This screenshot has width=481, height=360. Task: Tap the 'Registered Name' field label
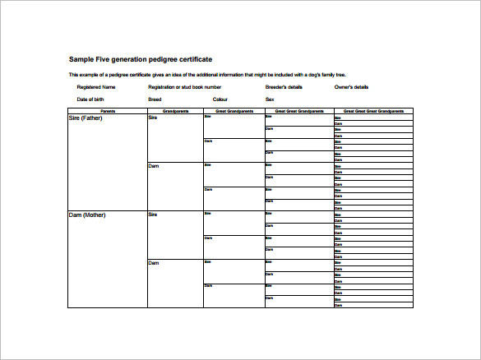tap(96, 86)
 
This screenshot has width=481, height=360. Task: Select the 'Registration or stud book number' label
tap(184, 86)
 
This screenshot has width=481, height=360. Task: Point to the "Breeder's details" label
tap(284, 86)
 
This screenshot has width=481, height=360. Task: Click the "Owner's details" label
tap(351, 86)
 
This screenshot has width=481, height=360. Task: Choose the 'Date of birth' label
tap(93, 99)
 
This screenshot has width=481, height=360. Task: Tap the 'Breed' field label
tap(155, 99)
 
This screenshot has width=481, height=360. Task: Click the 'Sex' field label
tap(270, 99)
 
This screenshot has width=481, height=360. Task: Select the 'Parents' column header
tap(107, 110)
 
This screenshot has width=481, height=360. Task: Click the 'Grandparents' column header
tap(175, 110)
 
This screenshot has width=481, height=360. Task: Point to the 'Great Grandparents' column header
tap(234, 110)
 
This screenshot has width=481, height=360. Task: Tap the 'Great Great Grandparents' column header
tap(298, 110)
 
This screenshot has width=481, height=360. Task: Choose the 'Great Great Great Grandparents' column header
tap(372, 110)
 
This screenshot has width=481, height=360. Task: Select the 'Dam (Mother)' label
tap(87, 215)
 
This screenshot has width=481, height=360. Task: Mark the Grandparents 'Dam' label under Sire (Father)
tap(153, 166)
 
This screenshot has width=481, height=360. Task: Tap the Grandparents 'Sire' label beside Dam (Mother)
tap(152, 215)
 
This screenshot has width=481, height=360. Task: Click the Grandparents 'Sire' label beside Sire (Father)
tap(152, 118)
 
